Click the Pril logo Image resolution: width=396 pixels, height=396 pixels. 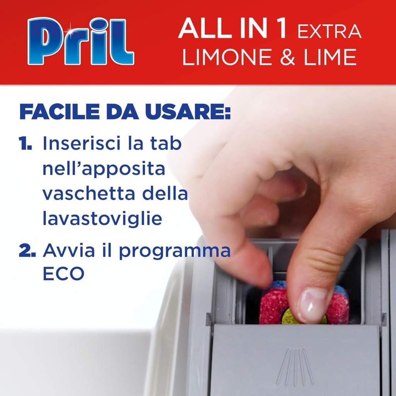tap(81, 41)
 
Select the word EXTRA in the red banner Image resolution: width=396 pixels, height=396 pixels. tap(329, 31)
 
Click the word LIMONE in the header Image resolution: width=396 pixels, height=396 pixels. tap(226, 57)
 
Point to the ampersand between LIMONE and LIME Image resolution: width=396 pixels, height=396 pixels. tap(288, 57)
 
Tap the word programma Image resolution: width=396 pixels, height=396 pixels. tap(175, 251)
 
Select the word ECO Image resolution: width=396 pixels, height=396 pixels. tap(64, 273)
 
